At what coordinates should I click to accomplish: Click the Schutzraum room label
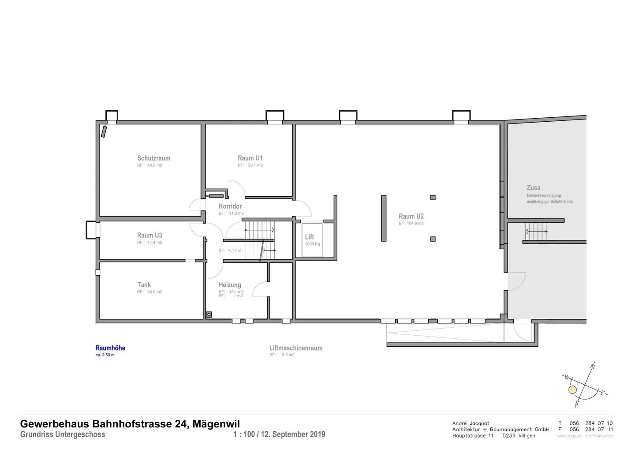click(x=153, y=158)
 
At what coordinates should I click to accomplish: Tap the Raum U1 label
click(x=250, y=158)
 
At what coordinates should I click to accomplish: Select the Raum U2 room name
click(x=411, y=216)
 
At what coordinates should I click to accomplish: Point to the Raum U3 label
click(x=149, y=235)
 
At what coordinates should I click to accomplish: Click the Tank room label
click(x=144, y=285)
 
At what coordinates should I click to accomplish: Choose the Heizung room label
click(x=230, y=285)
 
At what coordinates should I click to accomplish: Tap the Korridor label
click(x=230, y=206)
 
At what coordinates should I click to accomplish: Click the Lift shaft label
click(x=310, y=237)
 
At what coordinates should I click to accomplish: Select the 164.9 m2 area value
click(x=415, y=223)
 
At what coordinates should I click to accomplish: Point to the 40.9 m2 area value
click(x=154, y=165)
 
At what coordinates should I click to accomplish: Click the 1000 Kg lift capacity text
click(x=312, y=244)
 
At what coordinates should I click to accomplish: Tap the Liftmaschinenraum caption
click(x=296, y=348)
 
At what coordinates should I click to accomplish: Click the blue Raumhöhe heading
click(x=110, y=348)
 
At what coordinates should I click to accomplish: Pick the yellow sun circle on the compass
click(x=572, y=390)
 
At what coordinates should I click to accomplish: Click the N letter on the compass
click(x=592, y=366)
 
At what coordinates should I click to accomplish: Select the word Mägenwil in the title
click(x=216, y=424)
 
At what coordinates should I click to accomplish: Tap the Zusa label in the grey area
click(x=534, y=187)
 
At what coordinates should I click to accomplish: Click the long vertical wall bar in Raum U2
click(x=384, y=218)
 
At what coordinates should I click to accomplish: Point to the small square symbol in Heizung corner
click(x=209, y=314)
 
